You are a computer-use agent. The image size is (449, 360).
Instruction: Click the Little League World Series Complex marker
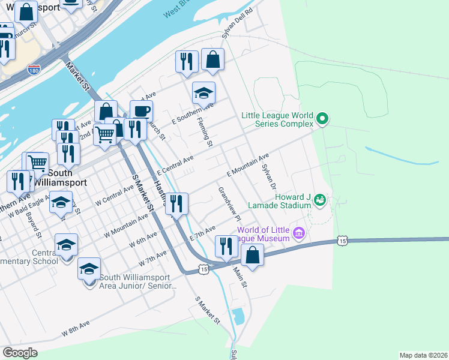322,119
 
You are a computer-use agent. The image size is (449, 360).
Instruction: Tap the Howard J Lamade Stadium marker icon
320,199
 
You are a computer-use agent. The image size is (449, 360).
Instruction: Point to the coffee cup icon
141,112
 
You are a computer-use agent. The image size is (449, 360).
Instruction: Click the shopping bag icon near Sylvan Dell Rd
212,60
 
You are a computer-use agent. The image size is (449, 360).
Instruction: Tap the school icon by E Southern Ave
203,94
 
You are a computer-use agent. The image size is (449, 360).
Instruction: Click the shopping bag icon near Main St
253,255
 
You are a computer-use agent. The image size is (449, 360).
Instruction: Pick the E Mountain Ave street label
247,165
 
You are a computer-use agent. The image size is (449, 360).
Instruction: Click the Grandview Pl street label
229,202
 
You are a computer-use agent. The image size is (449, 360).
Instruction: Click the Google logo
20,353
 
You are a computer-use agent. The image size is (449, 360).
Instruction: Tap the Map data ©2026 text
423,355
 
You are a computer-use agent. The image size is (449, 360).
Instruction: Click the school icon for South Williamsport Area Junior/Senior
89,269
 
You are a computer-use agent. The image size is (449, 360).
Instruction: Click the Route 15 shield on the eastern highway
342,241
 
